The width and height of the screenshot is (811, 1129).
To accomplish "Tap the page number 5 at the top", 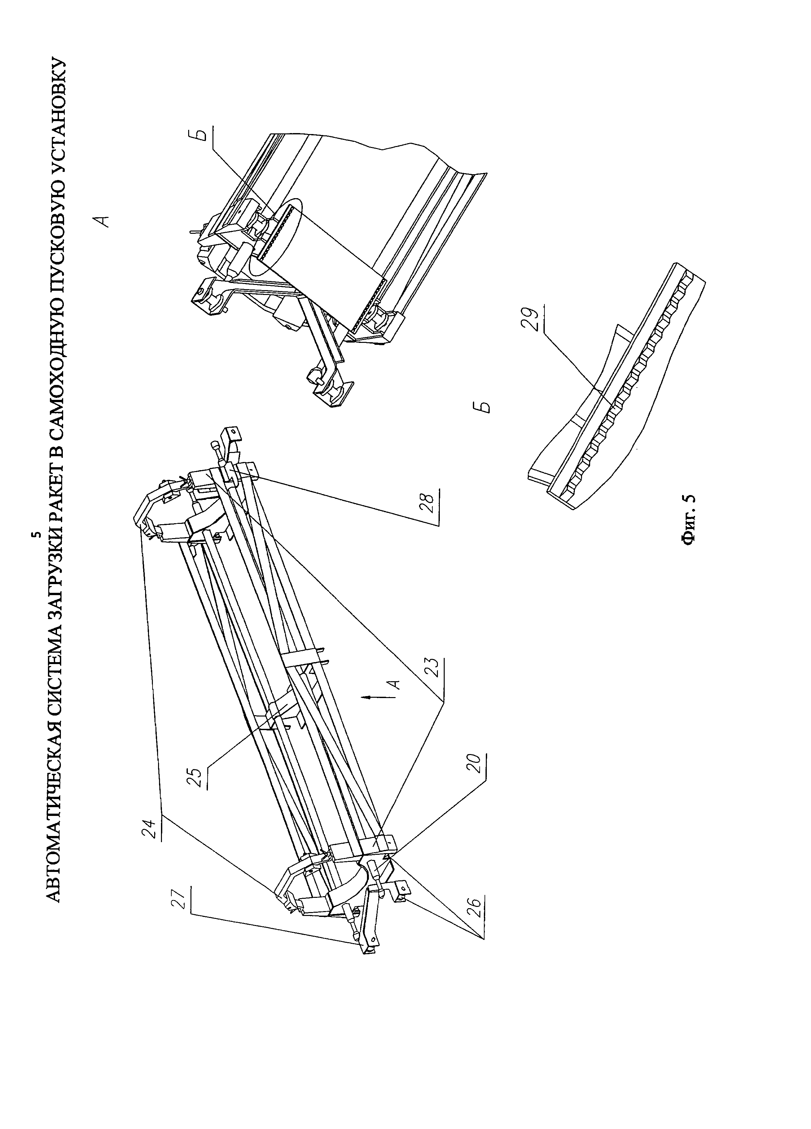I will pos(35,535).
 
